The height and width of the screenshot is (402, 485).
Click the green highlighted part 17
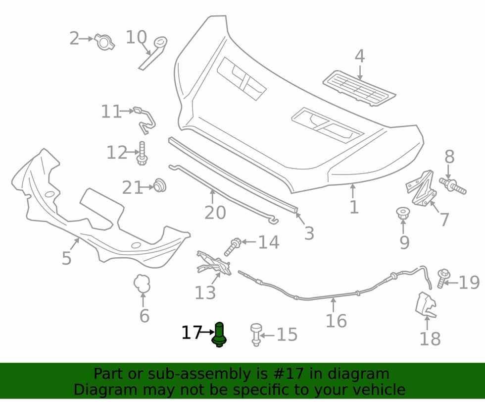click(x=219, y=335)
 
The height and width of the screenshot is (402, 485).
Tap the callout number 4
click(x=359, y=57)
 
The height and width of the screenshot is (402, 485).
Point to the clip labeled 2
click(x=104, y=42)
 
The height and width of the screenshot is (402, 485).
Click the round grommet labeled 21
click(x=160, y=185)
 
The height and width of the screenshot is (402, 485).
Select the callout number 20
click(x=215, y=213)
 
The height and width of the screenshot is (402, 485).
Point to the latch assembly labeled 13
click(x=214, y=263)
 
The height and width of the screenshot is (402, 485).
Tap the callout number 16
click(x=336, y=321)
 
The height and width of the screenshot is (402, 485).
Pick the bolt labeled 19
click(x=443, y=279)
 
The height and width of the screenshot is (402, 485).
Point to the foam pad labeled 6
click(x=142, y=284)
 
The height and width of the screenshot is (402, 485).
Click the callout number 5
click(x=67, y=258)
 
